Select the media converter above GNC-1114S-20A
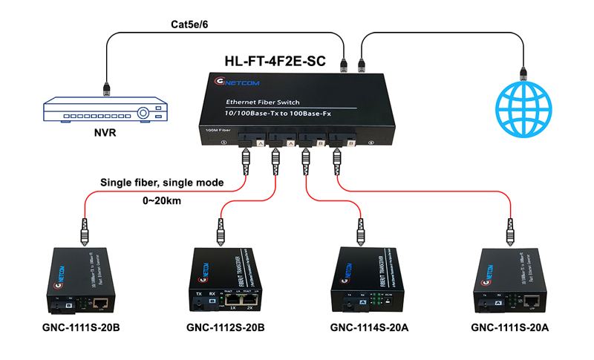click(x=367, y=277)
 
